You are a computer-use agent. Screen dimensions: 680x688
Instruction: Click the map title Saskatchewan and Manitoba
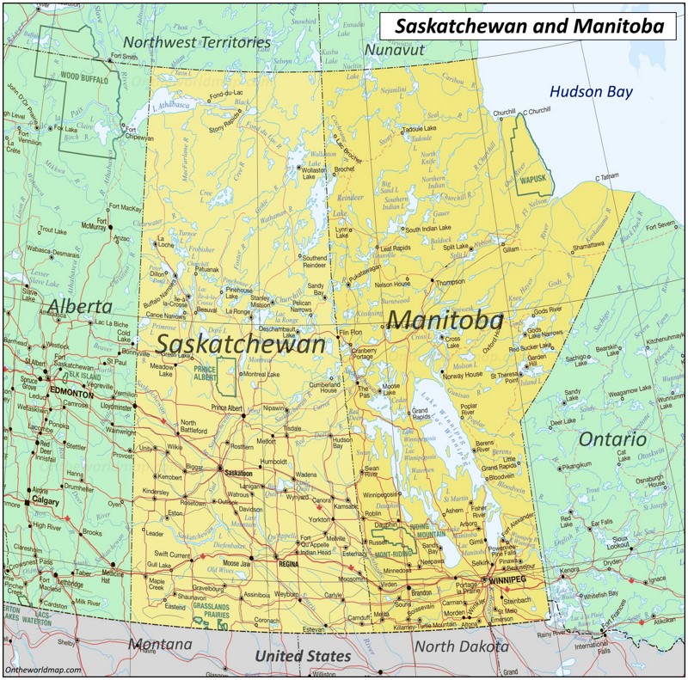click(529, 27)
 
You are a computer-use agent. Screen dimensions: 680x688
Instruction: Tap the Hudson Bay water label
click(591, 92)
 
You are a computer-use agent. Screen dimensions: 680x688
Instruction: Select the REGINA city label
click(289, 564)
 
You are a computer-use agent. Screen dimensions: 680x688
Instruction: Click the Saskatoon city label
click(237, 474)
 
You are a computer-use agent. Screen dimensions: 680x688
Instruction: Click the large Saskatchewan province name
click(242, 344)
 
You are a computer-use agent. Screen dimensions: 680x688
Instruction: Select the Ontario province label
click(611, 439)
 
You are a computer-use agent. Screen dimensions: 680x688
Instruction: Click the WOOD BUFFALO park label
click(83, 76)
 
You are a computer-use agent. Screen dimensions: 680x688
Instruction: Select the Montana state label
click(160, 644)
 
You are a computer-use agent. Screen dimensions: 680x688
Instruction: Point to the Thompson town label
click(450, 282)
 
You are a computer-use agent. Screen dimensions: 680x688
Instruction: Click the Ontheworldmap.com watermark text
click(42, 671)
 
